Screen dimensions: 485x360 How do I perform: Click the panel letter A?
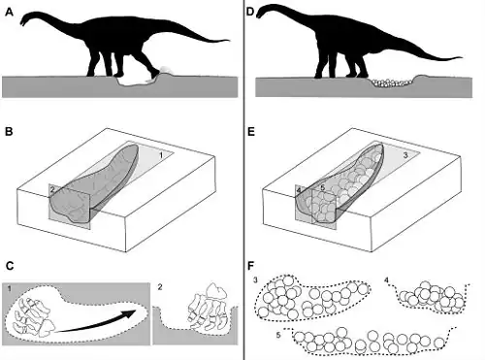[9, 13]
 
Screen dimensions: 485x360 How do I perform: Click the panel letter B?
[9, 132]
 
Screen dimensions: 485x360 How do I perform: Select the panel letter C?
[10, 266]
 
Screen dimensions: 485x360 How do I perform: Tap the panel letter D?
[250, 13]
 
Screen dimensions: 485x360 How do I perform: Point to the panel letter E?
[250, 132]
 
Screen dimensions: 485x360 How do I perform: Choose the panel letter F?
[250, 266]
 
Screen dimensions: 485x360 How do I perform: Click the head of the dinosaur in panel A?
[26, 20]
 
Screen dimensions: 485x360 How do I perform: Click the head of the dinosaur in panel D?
[263, 11]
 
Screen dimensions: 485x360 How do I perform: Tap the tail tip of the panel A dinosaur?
[229, 41]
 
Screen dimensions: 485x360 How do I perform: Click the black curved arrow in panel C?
[97, 322]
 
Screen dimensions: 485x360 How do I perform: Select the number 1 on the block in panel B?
[161, 155]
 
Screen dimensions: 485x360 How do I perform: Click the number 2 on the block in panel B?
[52, 190]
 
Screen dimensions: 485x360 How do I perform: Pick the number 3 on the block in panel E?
[405, 155]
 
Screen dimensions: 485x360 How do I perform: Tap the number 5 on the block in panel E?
[322, 188]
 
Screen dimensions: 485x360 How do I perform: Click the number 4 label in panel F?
[386, 280]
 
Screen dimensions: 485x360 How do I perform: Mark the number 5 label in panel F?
[278, 335]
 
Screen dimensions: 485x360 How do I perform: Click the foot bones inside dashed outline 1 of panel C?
[32, 318]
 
